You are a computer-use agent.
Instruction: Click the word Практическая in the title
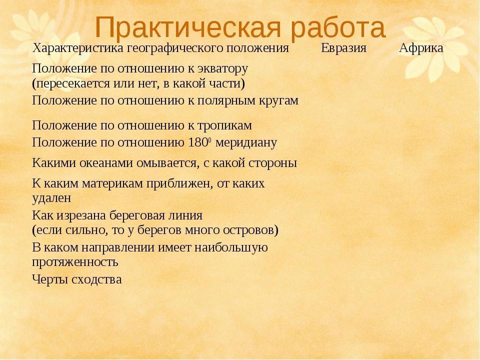[x=188, y=28]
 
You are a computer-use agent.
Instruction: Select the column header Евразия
[x=343, y=48]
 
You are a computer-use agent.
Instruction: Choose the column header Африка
[x=421, y=48]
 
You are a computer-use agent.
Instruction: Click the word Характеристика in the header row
[x=78, y=48]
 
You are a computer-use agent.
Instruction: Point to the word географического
[x=175, y=48]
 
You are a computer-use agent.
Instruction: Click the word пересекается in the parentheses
[x=73, y=84]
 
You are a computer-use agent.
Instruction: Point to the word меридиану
[x=246, y=143]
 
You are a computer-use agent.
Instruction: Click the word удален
[x=51, y=198]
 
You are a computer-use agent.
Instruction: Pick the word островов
[x=249, y=230]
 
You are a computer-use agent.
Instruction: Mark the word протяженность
[x=75, y=262]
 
